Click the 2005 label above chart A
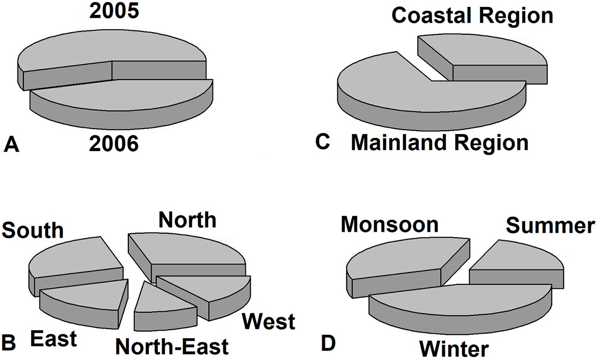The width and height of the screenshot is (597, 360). click(114, 11)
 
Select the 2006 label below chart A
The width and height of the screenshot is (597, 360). click(114, 144)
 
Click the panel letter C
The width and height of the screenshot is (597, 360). click(322, 141)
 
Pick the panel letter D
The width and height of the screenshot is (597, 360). click(328, 344)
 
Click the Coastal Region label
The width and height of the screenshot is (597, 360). click(472, 16)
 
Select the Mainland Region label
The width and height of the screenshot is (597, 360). click(439, 143)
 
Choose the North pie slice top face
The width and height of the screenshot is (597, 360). click(187, 250)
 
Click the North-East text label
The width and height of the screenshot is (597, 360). click(172, 347)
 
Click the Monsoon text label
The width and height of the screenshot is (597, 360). click(390, 225)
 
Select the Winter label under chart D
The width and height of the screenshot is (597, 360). click(454, 349)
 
